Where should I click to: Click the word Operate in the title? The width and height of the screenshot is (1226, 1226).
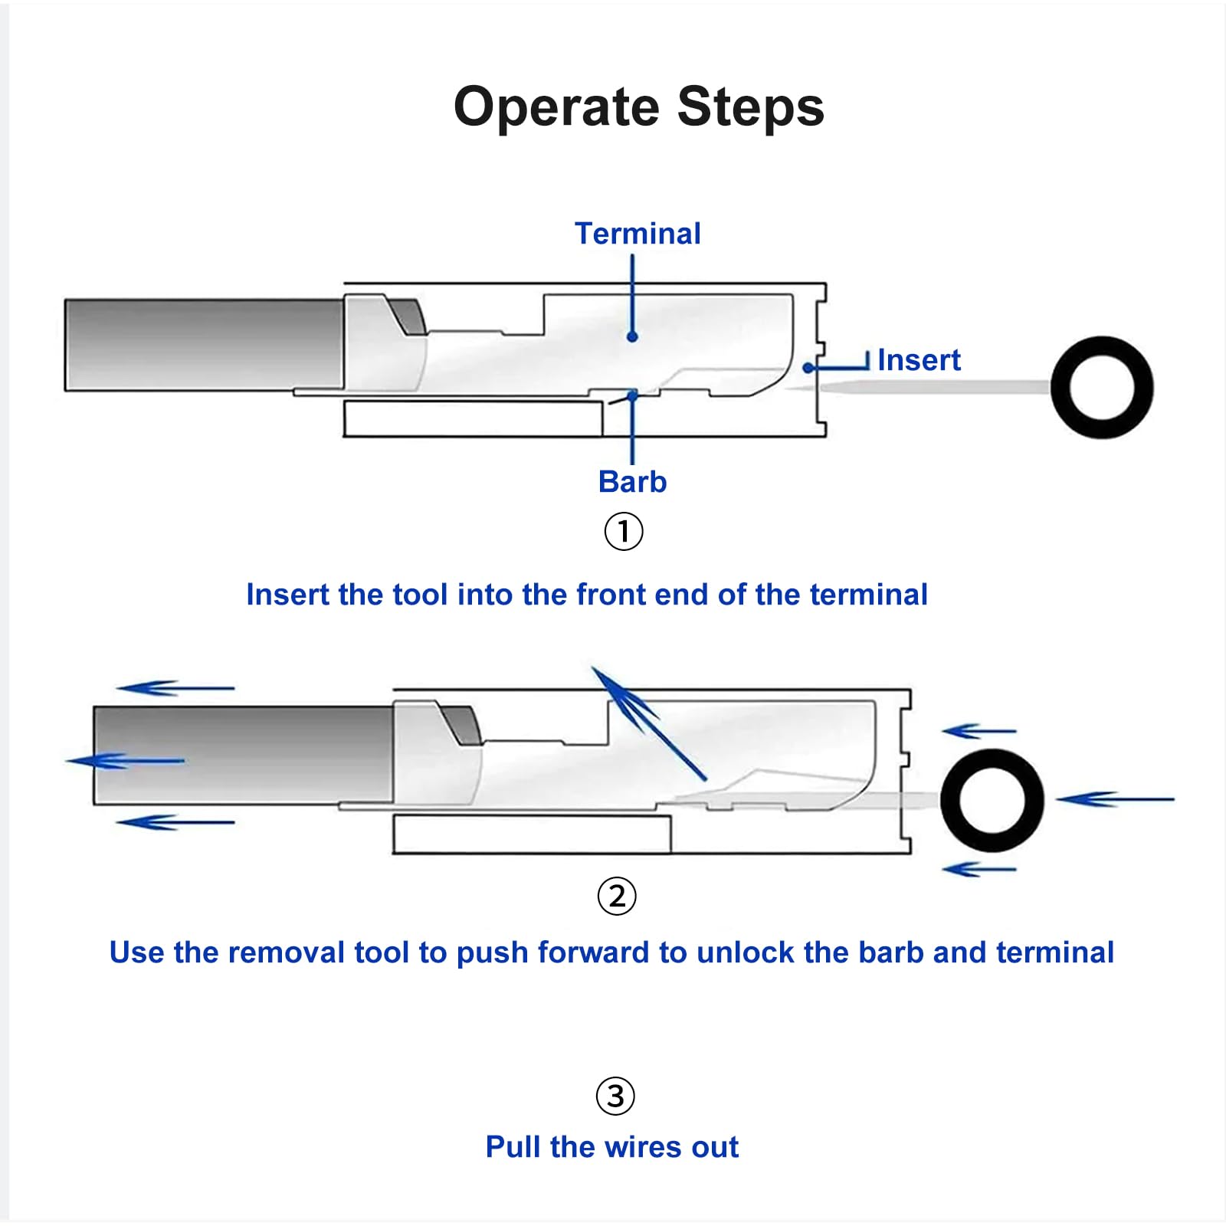tap(556, 107)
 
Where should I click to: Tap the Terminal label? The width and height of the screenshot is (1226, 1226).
tap(638, 234)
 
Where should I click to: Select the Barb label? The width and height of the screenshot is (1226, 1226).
tap(632, 482)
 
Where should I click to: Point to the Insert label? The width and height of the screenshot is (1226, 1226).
tap(918, 360)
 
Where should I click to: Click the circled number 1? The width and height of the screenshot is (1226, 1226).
tap(624, 531)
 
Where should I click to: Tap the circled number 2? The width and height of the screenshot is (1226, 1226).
tap(617, 896)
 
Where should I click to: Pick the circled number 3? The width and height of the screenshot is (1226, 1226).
tap(615, 1096)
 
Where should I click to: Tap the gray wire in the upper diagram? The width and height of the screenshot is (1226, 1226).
tap(203, 345)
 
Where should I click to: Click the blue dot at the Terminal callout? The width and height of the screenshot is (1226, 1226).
tap(632, 336)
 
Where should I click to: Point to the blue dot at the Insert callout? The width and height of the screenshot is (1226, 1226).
tap(808, 368)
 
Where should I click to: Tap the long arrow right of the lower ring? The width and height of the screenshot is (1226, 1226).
tap(1115, 799)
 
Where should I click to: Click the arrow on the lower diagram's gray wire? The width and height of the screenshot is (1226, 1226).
tap(126, 761)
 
